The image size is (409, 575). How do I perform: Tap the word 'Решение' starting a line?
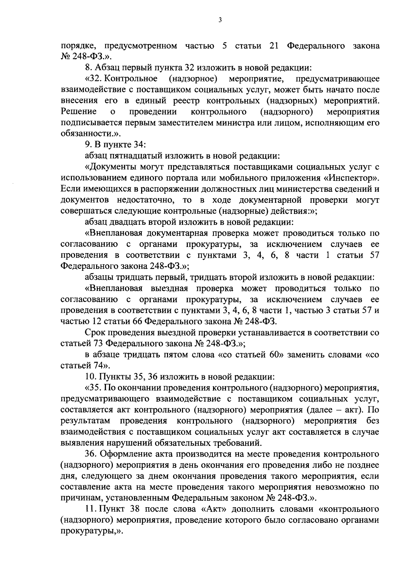point(78,112)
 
